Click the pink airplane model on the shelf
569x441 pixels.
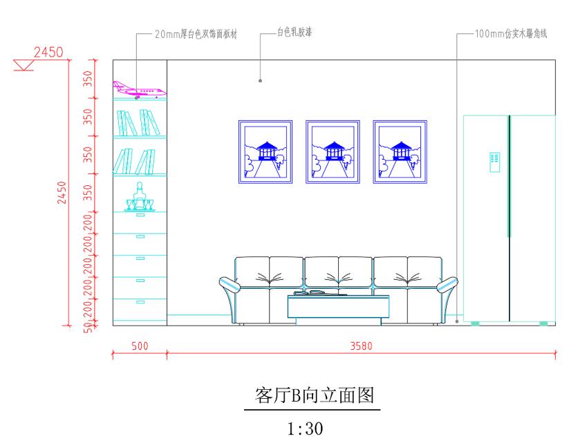[x=138, y=90]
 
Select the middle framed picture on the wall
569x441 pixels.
[x=333, y=151]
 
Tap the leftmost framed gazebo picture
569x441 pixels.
[x=265, y=151]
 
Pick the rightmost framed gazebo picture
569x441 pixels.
[x=400, y=151]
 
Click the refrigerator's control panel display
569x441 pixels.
[x=494, y=161]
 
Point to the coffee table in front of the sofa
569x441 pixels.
[x=338, y=307]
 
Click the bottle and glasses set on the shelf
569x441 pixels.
[x=140, y=198]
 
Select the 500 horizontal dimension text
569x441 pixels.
[x=140, y=346]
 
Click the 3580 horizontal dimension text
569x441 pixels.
[x=362, y=346]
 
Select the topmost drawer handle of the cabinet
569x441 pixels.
[x=140, y=216]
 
